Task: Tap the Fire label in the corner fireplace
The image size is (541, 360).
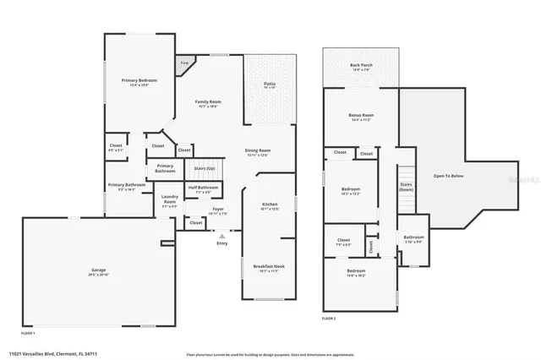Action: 184,62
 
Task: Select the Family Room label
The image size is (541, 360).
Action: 208,101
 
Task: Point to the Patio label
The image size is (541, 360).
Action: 269,83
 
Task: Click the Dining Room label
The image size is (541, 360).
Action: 257,150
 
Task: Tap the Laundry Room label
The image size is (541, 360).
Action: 169,199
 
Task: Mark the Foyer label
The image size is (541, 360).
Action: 218,209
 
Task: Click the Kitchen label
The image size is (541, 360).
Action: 269,205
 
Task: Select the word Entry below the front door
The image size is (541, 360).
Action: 221,243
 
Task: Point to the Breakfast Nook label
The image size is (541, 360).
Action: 269,267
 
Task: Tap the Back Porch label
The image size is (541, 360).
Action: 361,66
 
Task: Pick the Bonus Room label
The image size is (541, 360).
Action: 361,115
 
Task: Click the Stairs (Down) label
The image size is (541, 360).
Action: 406,186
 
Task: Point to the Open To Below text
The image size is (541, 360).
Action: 448,176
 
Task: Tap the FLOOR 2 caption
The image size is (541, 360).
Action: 330,318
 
